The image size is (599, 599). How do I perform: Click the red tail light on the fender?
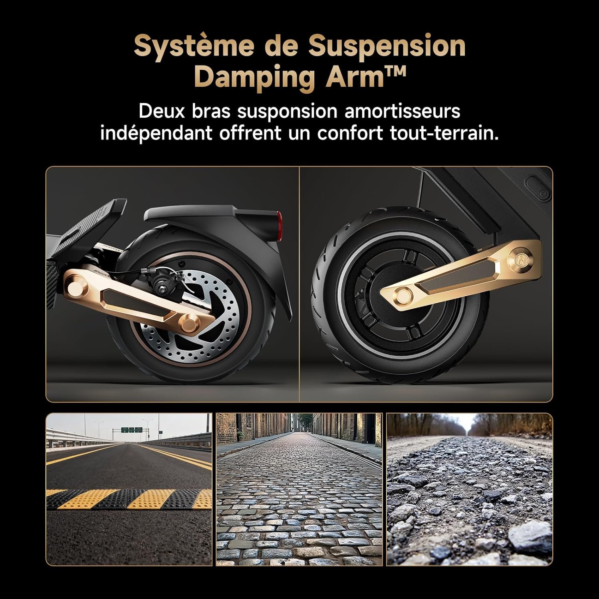tap(280, 220)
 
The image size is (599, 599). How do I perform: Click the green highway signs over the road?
tap(131, 430)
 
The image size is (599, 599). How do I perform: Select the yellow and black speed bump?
tap(129, 499)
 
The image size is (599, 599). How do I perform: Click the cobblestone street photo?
tap(299, 489)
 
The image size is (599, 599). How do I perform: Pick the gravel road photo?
tap(470, 489)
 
